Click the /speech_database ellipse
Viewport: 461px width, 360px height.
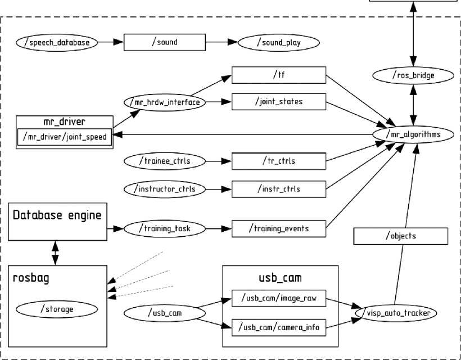tap(57, 42)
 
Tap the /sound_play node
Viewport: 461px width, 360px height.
tap(279, 43)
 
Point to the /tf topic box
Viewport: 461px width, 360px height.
tap(279, 75)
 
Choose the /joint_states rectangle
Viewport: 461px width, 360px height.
tap(279, 102)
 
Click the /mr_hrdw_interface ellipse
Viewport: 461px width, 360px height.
tap(164, 102)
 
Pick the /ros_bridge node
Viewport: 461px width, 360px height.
tap(413, 75)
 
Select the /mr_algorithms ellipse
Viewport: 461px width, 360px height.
tap(414, 135)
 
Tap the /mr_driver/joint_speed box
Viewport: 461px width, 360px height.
tap(64, 136)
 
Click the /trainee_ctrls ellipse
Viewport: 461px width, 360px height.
tap(164, 161)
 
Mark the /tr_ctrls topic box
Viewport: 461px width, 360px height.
tap(279, 161)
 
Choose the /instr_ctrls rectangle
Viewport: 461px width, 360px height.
tap(279, 189)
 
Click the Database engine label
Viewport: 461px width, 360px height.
tap(57, 215)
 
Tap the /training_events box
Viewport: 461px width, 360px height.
tap(279, 229)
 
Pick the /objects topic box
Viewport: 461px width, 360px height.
tap(401, 236)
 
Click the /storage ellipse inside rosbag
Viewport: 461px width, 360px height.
tap(57, 309)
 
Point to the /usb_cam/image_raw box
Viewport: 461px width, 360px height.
tap(279, 299)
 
